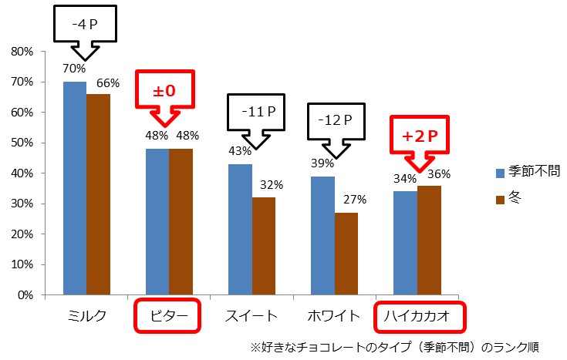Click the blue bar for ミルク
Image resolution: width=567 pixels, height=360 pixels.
75,188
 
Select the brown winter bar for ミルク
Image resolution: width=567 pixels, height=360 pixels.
98,194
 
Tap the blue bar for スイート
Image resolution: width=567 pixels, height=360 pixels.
240,229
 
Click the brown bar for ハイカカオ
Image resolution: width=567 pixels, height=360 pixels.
429,240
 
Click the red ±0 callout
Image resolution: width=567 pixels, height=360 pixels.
164,90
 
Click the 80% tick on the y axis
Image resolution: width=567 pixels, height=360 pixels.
23,52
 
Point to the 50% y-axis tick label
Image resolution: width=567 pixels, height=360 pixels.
23,143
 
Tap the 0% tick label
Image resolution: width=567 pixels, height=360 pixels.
26,295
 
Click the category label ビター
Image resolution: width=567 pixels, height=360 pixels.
168,315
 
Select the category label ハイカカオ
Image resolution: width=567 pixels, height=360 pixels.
421,315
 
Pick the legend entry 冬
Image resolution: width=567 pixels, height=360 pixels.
515,198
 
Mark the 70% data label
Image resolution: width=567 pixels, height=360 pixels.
75,69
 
